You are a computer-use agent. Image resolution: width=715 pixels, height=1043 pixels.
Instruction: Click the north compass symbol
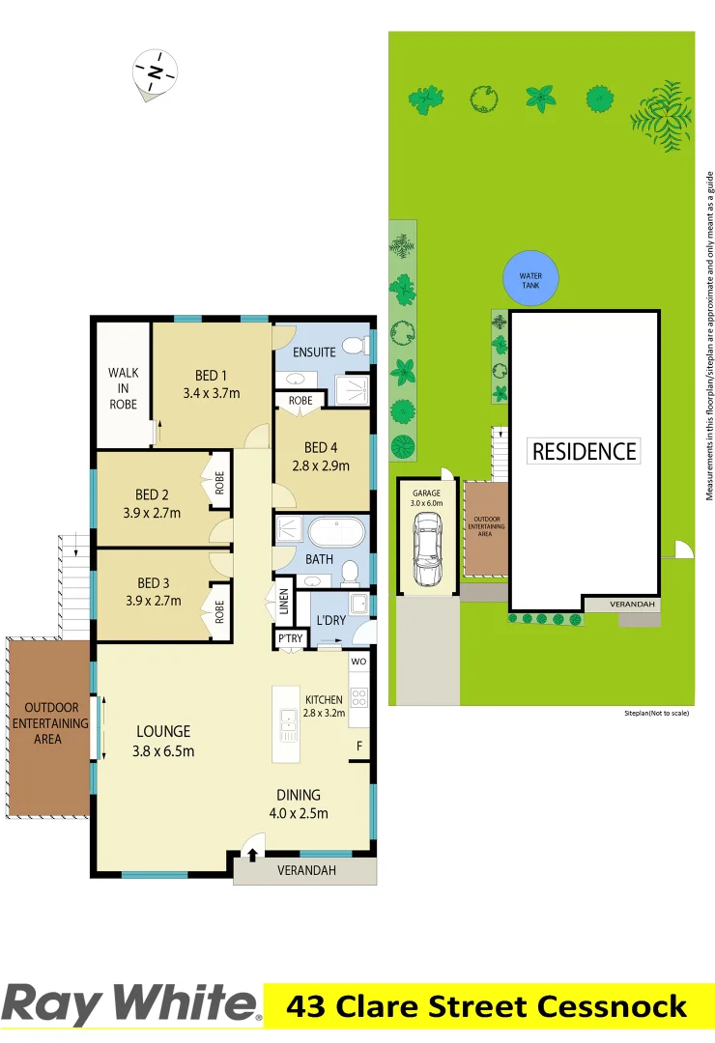[155, 72]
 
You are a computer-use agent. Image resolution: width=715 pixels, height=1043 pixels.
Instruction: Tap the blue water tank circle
[530, 276]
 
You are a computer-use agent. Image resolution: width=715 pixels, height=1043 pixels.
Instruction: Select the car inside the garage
[426, 550]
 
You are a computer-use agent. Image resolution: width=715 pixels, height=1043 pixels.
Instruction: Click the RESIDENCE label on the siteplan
[585, 451]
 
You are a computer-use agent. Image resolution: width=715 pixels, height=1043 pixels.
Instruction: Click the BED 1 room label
[211, 376]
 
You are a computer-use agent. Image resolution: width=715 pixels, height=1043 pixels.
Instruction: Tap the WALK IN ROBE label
[123, 388]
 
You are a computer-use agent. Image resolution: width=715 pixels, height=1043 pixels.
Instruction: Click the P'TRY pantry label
[288, 639]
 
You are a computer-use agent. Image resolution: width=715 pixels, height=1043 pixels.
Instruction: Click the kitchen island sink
[288, 718]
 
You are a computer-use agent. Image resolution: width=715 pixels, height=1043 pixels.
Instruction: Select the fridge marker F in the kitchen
[359, 746]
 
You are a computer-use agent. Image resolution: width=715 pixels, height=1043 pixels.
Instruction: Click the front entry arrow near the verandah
[253, 854]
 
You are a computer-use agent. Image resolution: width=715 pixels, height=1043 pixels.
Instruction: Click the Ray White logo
[131, 1004]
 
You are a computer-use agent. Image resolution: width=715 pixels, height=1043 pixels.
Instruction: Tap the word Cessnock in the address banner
[613, 1006]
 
